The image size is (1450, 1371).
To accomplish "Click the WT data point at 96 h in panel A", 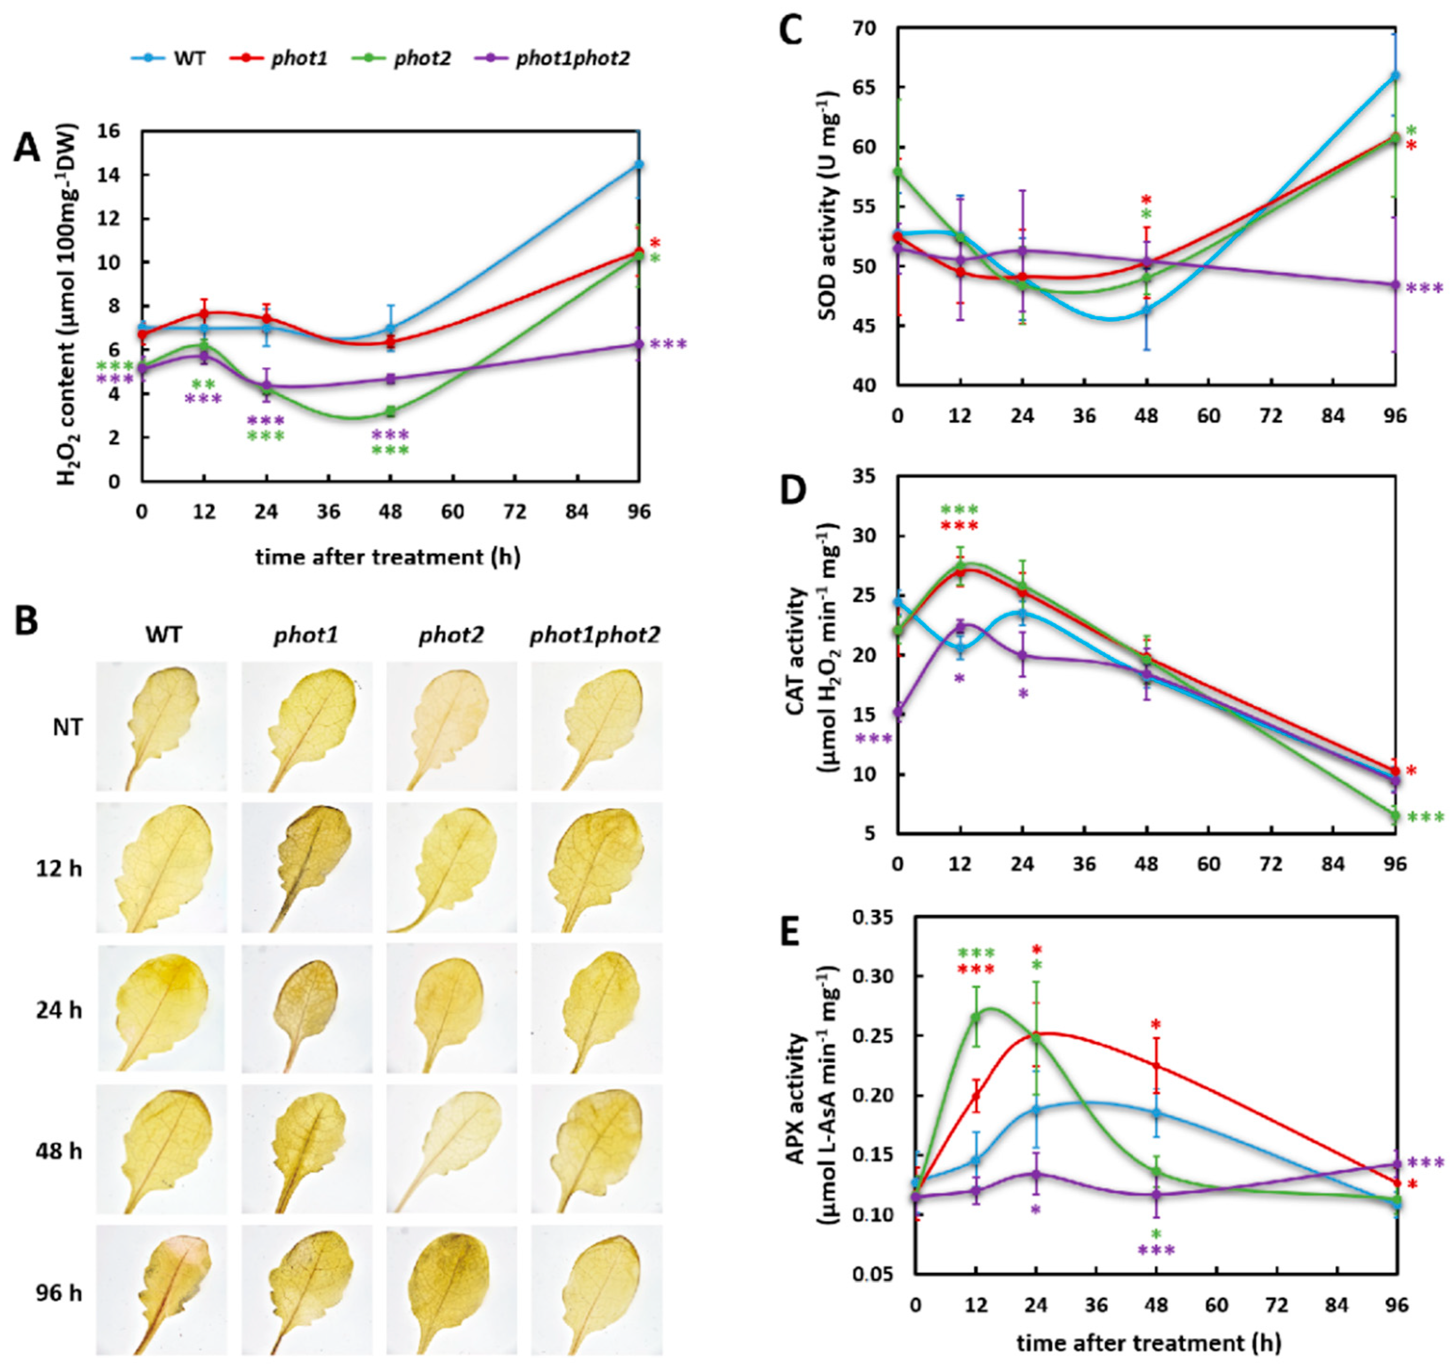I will tap(639, 164).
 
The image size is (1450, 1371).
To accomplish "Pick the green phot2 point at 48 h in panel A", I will tap(391, 411).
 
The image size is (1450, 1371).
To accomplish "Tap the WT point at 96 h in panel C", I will tap(1395, 75).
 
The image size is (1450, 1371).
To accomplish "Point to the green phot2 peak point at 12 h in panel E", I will tap(975, 1038).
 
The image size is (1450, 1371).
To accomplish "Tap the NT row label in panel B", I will tap(63, 727).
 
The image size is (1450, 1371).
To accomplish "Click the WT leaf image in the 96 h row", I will tap(162, 1290).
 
